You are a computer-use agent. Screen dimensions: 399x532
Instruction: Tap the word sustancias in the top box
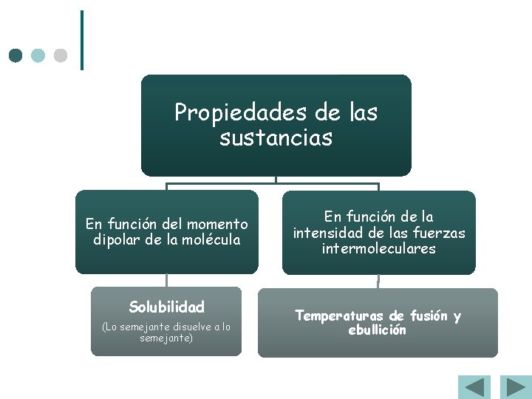click(276, 137)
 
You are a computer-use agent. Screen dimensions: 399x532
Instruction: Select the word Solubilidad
click(166, 307)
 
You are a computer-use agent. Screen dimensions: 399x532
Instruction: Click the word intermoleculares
click(378, 249)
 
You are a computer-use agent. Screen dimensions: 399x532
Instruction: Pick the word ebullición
click(377, 330)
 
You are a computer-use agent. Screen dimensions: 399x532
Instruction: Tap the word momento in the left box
click(218, 224)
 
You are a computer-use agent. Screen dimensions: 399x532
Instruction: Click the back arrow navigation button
click(474, 388)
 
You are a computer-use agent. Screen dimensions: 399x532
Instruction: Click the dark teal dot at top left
click(16, 55)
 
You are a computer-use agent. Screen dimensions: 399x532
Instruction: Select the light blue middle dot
click(38, 55)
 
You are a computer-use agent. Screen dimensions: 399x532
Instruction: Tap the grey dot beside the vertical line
click(61, 55)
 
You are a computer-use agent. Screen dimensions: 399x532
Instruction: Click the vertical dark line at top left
click(81, 40)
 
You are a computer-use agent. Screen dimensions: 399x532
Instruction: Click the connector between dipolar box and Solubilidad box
click(167, 281)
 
